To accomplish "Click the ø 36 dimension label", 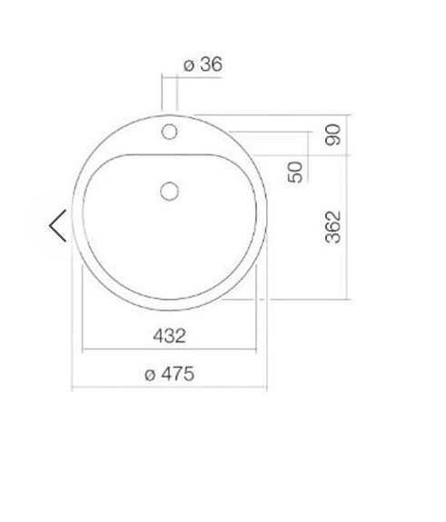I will pos(203,64).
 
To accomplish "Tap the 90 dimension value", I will pos(332,135).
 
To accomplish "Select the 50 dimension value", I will pos(296,172).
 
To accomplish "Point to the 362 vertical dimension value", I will pos(332,226).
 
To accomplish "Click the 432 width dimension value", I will pos(169,336).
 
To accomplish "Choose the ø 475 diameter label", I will pos(169,374).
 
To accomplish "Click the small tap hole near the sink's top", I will pos(169,133).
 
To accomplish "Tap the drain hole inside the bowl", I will pos(169,191).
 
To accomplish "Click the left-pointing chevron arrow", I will pos(58,226).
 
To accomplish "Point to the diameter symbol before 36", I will pos(188,65).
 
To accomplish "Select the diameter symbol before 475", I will pos(150,375).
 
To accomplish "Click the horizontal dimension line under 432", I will pos(169,350).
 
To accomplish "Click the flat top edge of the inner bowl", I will pos(169,155).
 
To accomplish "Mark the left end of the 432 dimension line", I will pos(83,350).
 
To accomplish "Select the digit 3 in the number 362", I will pos(332,237).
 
